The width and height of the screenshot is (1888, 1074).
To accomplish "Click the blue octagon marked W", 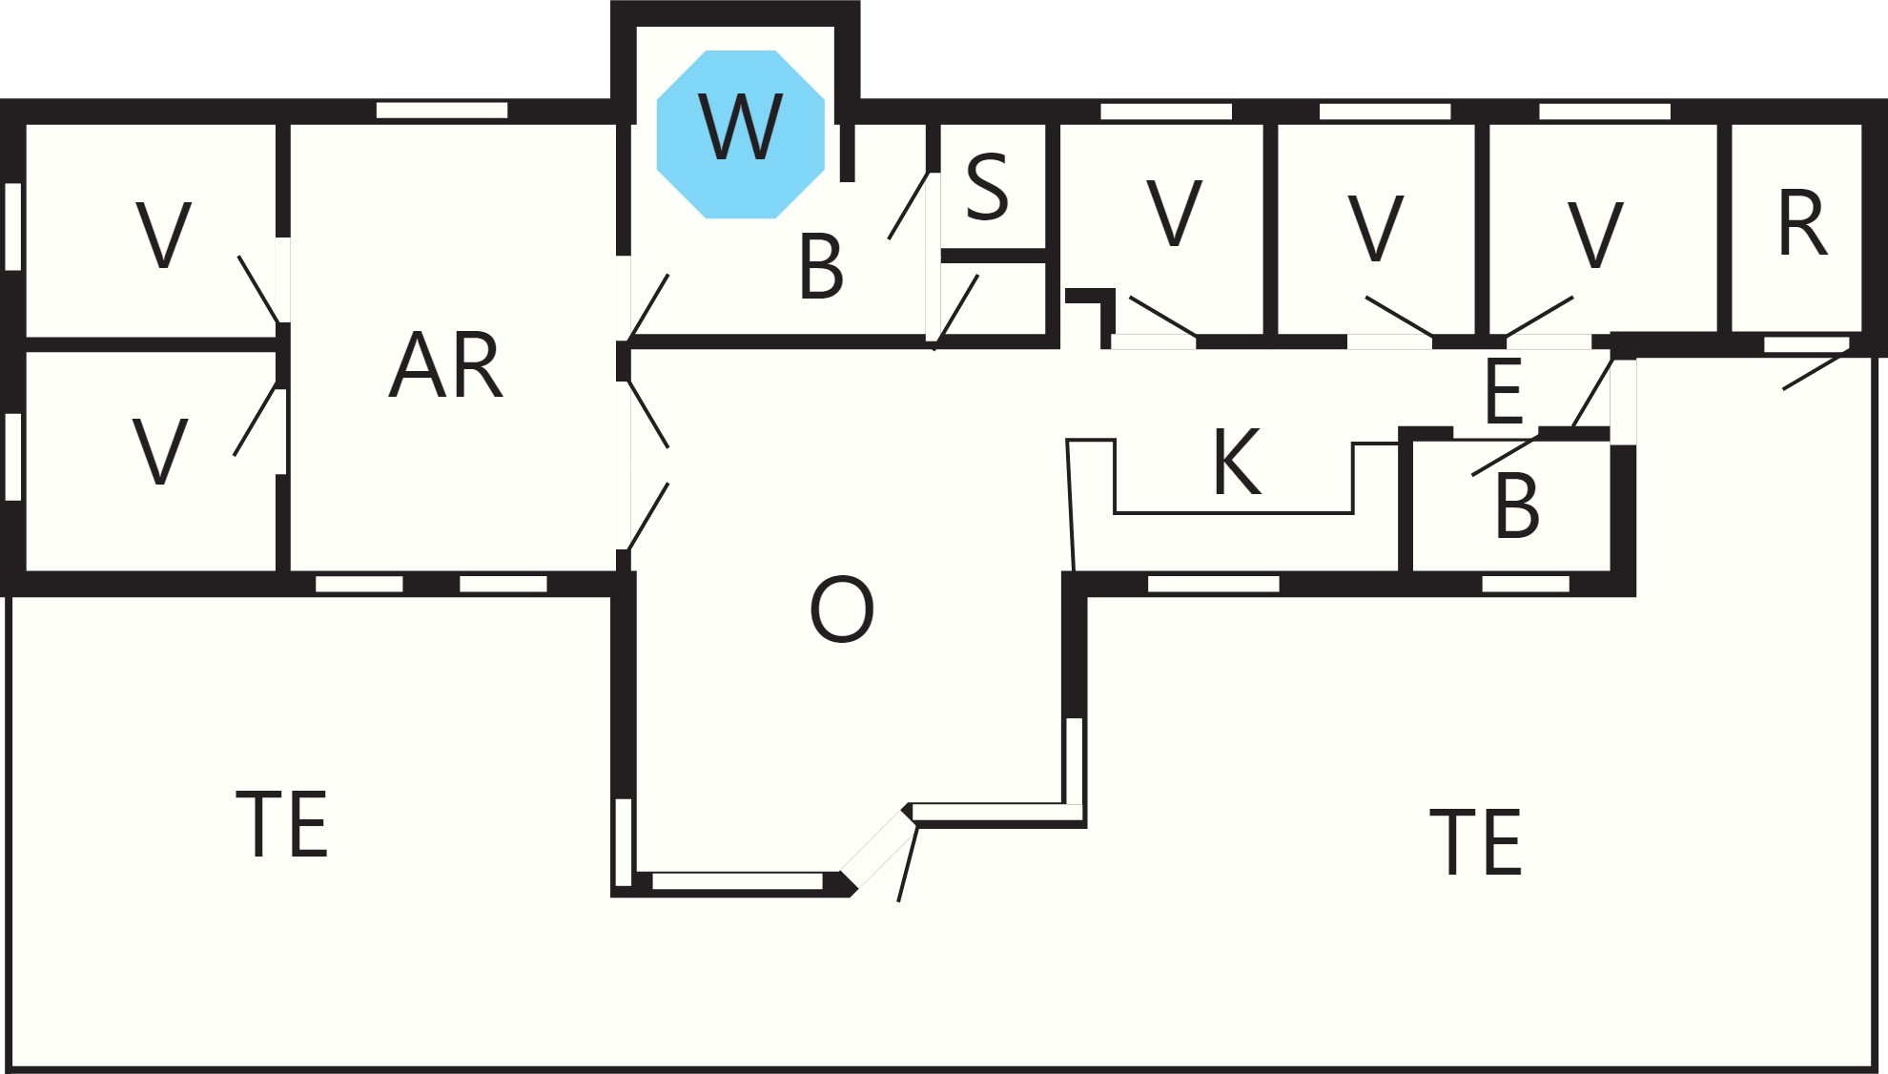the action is click(x=741, y=134).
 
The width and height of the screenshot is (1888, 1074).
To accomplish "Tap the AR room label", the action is click(x=446, y=364).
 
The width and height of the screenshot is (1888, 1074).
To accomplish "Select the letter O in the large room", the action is click(x=841, y=609).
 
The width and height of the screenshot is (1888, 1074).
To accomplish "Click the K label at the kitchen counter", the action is click(x=1237, y=462).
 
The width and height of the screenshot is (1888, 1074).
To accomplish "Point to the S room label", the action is click(x=987, y=187).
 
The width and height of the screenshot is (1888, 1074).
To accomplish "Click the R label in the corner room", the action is click(x=1802, y=223).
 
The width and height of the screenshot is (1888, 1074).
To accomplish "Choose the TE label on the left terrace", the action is click(x=282, y=824).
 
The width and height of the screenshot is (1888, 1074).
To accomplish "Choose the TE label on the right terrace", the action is click(x=1476, y=841).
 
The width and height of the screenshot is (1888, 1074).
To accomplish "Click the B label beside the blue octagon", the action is click(x=821, y=267).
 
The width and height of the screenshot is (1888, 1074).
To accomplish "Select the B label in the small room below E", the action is click(x=1517, y=506).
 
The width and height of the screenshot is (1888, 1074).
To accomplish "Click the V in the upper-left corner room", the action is click(x=164, y=235).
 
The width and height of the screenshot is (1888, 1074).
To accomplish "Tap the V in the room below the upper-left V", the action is click(x=159, y=451).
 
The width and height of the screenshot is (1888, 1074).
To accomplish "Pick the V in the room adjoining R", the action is click(x=1595, y=234).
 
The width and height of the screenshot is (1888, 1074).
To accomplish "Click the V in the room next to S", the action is click(x=1174, y=213).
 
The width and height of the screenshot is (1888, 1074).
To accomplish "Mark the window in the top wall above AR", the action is click(x=441, y=111).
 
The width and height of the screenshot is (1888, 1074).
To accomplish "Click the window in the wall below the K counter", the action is click(x=1213, y=584).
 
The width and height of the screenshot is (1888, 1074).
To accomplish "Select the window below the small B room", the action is click(x=1526, y=584).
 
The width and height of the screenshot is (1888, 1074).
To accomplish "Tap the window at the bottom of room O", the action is click(x=737, y=881).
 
